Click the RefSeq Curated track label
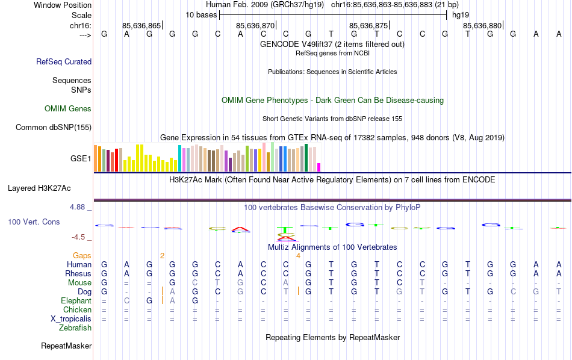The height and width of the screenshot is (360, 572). click(x=64, y=61)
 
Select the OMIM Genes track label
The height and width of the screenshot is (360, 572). click(x=68, y=109)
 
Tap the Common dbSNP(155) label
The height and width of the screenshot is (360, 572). click(x=54, y=127)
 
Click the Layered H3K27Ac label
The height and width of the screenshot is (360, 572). click(x=49, y=188)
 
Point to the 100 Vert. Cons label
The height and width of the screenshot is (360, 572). click(x=34, y=222)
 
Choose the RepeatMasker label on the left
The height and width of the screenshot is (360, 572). click(x=66, y=346)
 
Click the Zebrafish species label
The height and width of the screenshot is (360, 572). click(x=75, y=328)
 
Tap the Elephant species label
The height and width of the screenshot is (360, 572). click(x=76, y=300)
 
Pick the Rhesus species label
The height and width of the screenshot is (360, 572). click(x=78, y=273)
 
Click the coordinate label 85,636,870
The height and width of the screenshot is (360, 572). click(x=255, y=26)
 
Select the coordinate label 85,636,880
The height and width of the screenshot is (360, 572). click(x=482, y=26)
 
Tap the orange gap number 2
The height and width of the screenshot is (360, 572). click(x=162, y=256)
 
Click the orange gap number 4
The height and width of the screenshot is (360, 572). click(x=298, y=256)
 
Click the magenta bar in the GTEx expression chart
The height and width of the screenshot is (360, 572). click(x=319, y=167)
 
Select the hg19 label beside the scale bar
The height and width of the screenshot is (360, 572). click(x=461, y=14)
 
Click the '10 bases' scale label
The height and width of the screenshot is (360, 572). click(x=201, y=14)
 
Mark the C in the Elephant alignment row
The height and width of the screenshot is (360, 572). click(x=126, y=300)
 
